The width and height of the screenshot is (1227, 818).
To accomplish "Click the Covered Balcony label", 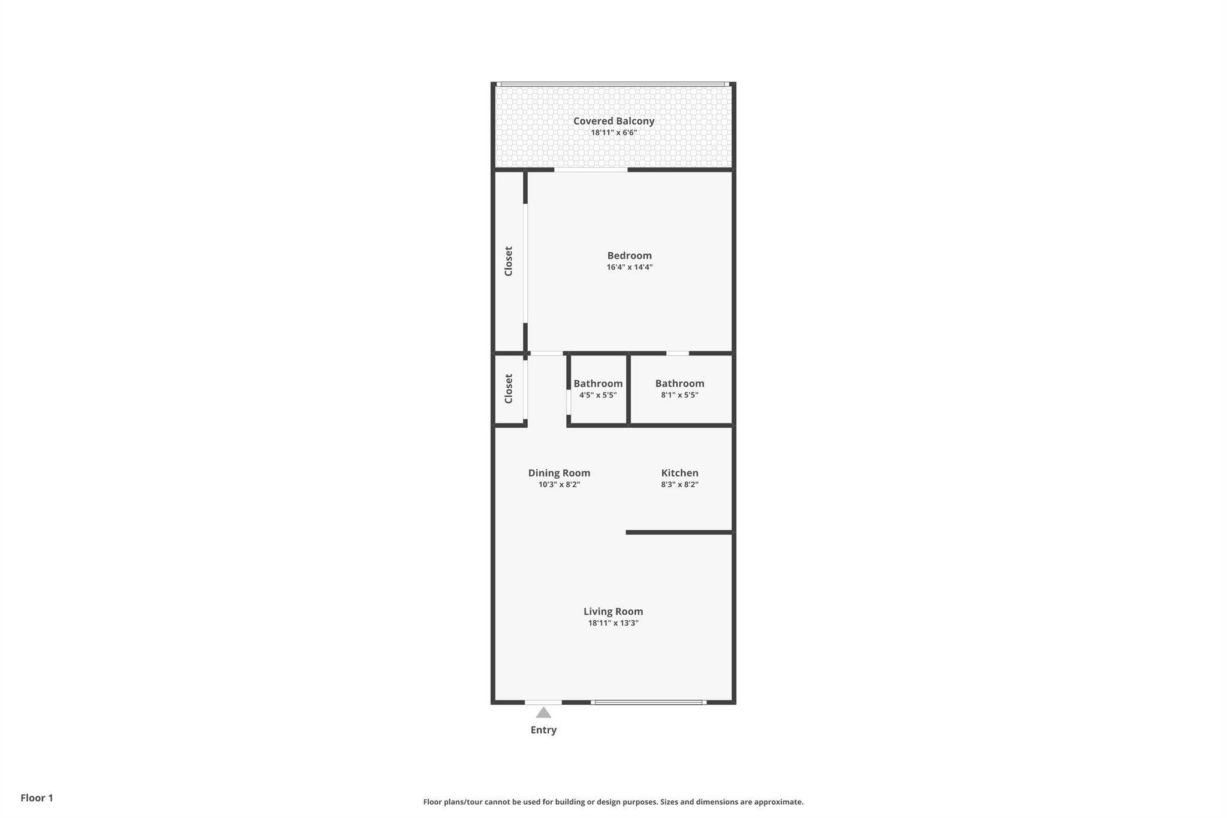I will [613, 121].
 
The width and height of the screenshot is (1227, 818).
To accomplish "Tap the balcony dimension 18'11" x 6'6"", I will [613, 132].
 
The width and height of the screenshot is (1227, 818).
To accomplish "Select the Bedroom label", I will [629, 256].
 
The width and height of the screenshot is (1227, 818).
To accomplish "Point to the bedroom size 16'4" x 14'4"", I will [629, 267].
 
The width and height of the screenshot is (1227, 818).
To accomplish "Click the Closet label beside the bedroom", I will [509, 261].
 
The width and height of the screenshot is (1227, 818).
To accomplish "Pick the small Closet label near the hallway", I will [509, 389].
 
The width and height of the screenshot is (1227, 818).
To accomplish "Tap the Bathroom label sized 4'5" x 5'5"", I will [598, 384].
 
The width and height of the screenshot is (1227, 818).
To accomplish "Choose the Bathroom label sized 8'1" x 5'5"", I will [679, 384].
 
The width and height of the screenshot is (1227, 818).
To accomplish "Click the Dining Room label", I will [559, 473].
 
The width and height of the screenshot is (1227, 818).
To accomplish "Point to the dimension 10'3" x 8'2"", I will [559, 484].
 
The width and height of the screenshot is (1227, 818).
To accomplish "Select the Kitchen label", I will [679, 473].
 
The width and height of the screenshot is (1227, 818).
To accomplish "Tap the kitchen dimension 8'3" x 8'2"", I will [679, 484].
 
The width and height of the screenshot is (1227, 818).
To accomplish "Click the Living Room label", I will [613, 611].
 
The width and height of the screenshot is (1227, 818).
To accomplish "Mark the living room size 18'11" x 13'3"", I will [613, 623].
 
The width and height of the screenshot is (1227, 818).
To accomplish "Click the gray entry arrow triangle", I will [543, 713].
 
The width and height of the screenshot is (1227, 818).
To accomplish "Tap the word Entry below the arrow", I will [543, 730].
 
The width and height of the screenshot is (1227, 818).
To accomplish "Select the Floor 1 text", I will [37, 798].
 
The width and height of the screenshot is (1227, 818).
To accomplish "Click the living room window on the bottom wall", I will [648, 702].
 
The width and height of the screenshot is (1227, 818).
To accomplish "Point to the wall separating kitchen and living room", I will [679, 532].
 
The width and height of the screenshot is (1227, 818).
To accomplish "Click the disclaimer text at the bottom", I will [613, 802].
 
